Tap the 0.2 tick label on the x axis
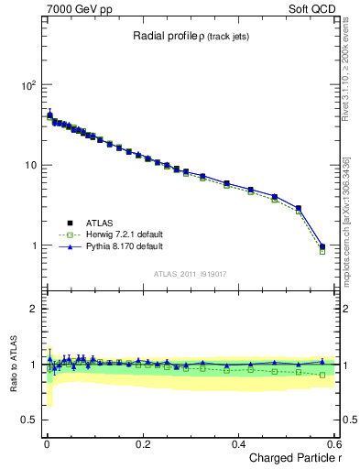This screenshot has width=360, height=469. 143,443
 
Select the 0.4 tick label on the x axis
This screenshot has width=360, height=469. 239,443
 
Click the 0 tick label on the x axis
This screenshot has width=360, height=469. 47,443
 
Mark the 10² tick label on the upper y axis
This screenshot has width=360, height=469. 28,85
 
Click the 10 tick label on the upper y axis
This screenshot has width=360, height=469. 31,166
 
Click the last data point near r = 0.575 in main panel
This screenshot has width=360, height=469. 322,246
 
